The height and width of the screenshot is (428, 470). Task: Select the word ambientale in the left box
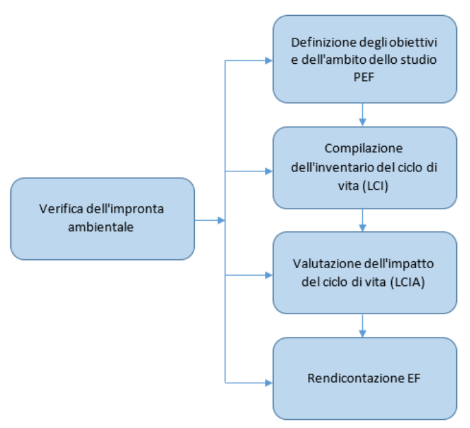click(102, 226)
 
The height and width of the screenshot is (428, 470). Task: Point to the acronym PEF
click(364, 77)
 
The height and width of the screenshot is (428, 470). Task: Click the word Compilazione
click(364, 149)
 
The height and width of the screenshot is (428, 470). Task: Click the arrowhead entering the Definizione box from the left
click(269, 60)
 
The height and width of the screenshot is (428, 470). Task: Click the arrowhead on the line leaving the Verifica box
click(221, 220)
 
